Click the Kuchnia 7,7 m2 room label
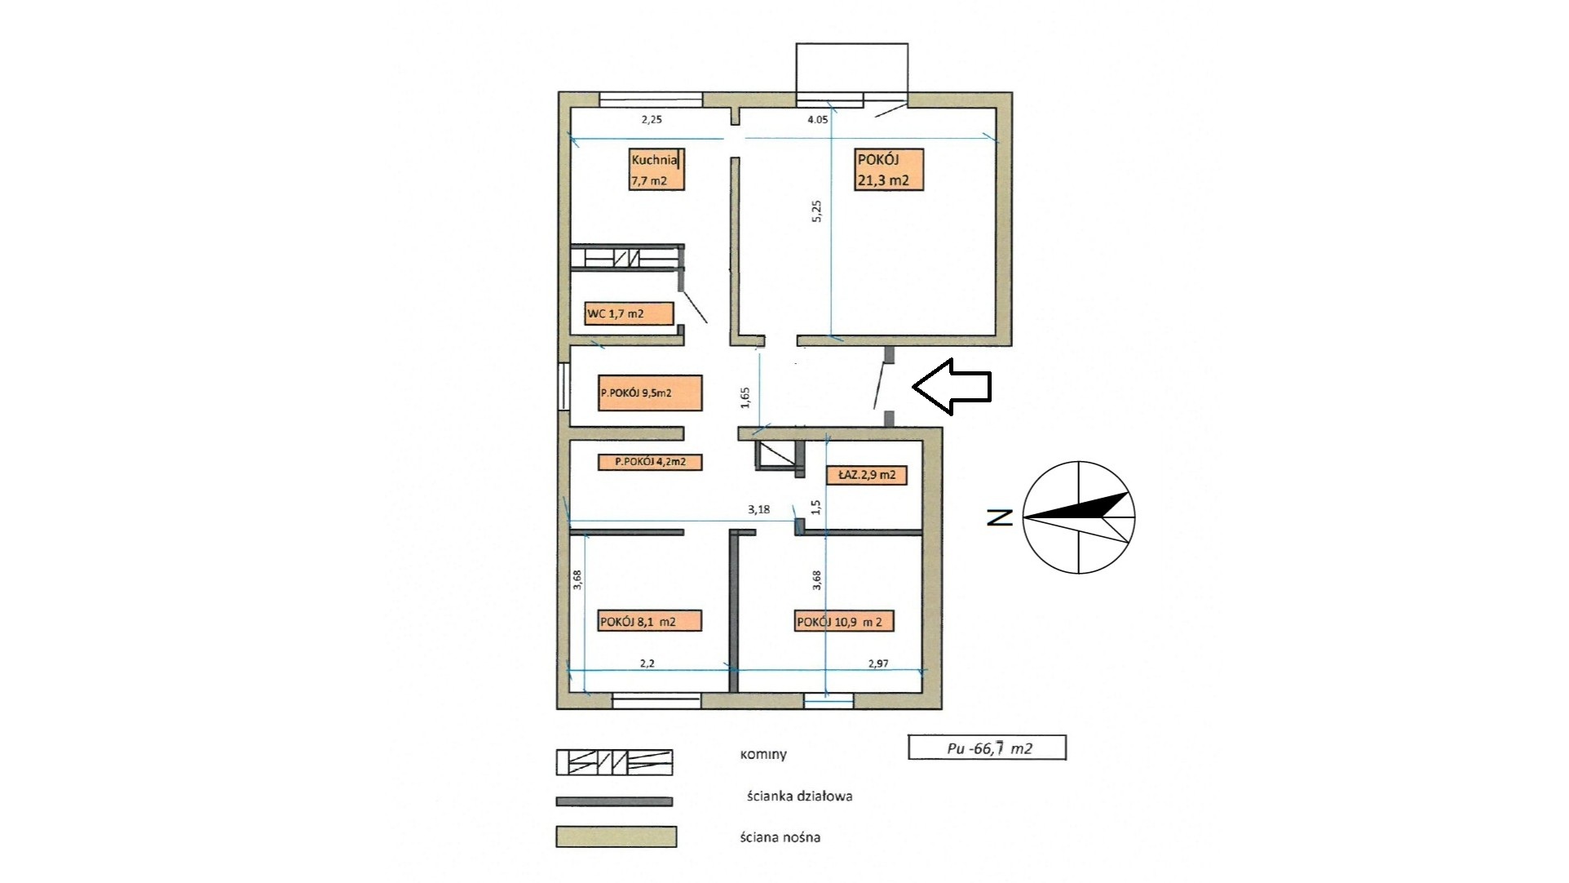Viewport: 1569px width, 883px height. [656, 170]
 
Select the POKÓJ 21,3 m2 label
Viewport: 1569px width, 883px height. [889, 170]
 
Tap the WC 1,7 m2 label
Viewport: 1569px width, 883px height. [629, 313]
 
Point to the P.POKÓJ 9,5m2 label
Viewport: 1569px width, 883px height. [650, 393]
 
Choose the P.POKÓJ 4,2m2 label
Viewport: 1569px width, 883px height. [650, 462]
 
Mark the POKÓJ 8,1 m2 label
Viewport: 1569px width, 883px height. [650, 621]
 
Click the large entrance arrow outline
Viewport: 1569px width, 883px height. [951, 386]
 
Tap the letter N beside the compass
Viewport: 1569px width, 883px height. [1000, 517]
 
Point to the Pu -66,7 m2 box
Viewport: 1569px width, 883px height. [987, 748]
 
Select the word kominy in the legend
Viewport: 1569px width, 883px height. [763, 754]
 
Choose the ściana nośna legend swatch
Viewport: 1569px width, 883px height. [617, 837]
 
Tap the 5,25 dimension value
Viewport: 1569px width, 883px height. [818, 211]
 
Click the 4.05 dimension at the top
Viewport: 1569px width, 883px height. [817, 119]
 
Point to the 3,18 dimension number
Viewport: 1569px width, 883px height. [758, 510]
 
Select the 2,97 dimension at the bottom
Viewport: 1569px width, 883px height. [878, 663]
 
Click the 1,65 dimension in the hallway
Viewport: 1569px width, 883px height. [745, 397]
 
